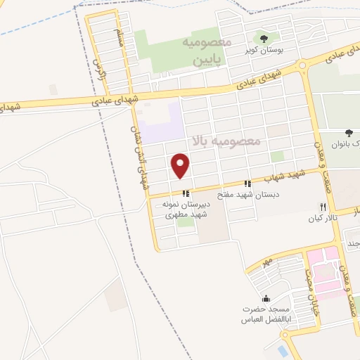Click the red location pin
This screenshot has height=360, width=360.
181,165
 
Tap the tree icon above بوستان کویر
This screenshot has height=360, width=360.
264,38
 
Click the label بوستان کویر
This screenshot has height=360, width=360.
264,51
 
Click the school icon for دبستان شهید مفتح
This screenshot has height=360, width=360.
246,183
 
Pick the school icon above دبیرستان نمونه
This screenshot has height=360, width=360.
185,193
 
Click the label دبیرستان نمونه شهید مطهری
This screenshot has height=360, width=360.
179,210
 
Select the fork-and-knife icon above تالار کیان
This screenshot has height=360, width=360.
323,207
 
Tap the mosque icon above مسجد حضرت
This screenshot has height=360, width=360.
265,299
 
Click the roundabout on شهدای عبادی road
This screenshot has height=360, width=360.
303,66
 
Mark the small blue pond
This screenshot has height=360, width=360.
283,349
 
